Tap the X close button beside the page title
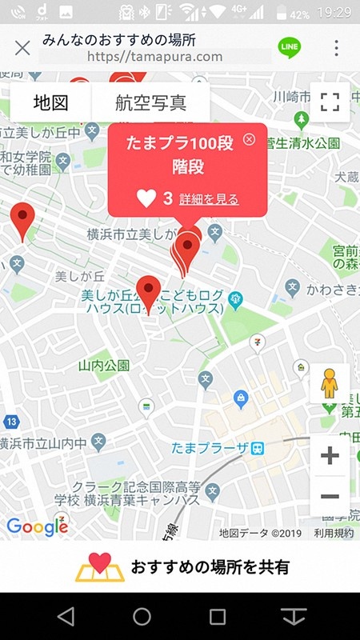click(22, 48)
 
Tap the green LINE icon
click(289, 48)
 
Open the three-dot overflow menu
click(336, 48)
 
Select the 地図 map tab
click(50, 103)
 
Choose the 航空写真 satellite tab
click(151, 103)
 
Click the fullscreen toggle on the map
click(330, 102)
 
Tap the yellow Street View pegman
click(330, 384)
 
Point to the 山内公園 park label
click(104, 366)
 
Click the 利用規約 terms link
click(334, 533)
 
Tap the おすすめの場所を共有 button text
click(210, 567)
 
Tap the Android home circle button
click(142, 616)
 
